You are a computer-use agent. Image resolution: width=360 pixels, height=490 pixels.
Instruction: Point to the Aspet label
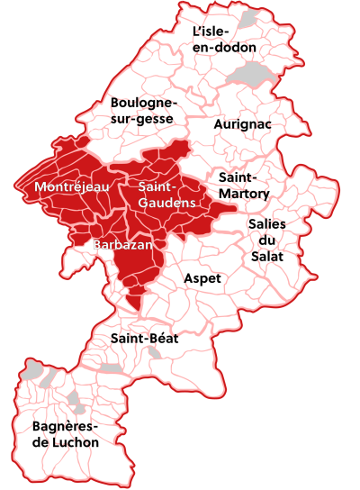coord(202,278)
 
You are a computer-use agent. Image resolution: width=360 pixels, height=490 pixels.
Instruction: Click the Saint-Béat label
coord(144,339)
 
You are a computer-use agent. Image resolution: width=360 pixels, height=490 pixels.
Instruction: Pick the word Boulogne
coord(146,103)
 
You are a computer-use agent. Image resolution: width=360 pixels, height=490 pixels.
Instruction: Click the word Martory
coord(244,193)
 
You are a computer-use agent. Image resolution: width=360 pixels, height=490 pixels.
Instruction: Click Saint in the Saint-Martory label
coord(238,177)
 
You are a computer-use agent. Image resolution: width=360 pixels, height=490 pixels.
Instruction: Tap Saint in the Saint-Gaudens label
coord(158,186)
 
